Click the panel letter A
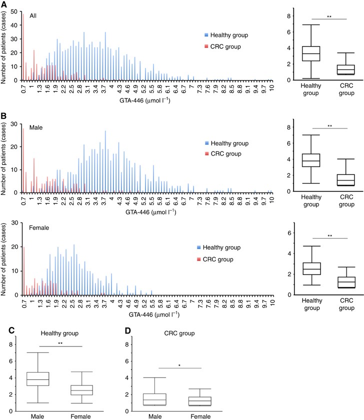[x=4, y=4]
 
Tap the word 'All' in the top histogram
[x=33, y=15]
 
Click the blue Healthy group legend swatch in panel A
[x=206, y=35]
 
